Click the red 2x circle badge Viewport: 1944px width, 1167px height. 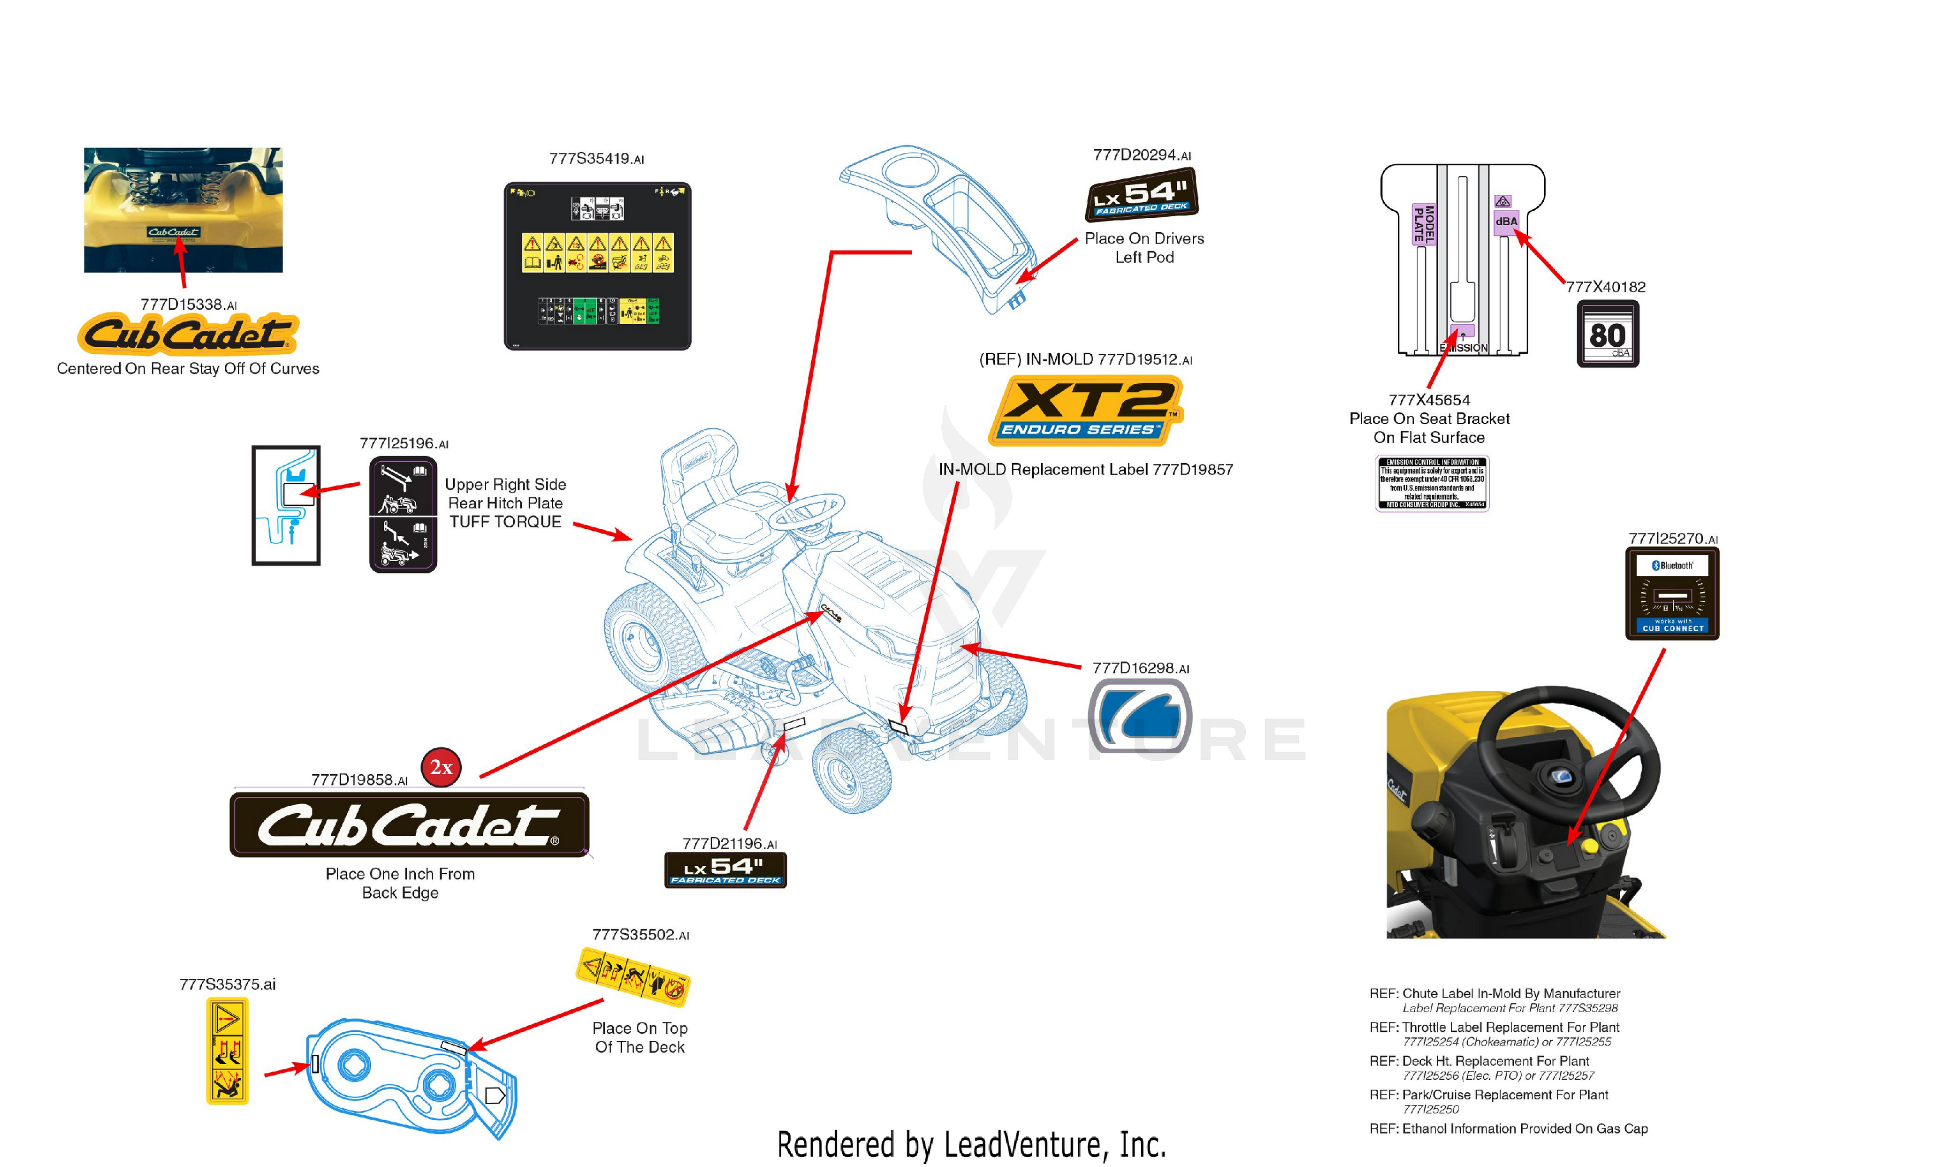(441, 767)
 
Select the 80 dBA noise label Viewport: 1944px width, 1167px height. (1608, 334)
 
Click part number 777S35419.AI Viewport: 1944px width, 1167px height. (596, 159)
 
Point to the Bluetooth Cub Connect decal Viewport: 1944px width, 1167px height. (1672, 594)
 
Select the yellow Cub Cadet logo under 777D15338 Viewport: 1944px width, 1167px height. (187, 334)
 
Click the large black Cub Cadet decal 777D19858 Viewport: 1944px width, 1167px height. (409, 825)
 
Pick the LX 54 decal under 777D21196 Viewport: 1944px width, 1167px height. (725, 870)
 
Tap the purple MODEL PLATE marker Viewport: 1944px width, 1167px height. (1424, 224)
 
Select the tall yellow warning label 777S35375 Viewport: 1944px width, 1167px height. (227, 1051)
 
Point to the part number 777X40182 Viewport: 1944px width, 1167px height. (1605, 287)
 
